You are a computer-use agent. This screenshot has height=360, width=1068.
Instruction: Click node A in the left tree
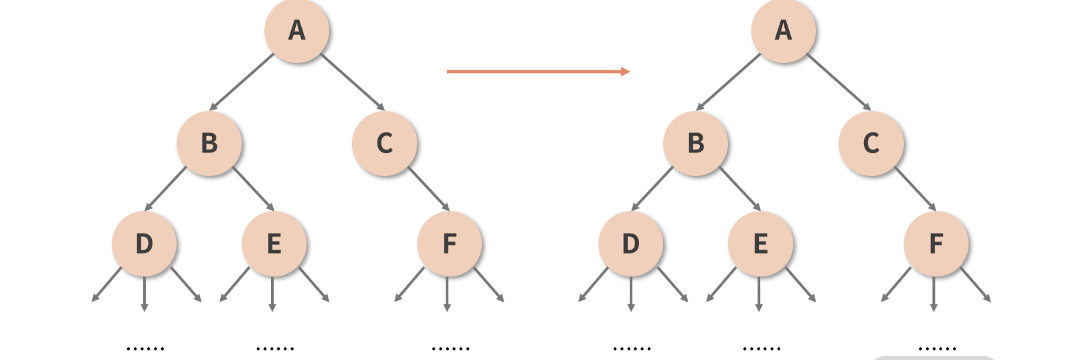pyautogui.click(x=296, y=31)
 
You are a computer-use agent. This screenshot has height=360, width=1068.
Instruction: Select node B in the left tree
pyautogui.click(x=209, y=143)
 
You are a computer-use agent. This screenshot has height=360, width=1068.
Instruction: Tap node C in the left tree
pyautogui.click(x=384, y=143)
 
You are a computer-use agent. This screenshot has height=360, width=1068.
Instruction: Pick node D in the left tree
pyautogui.click(x=144, y=244)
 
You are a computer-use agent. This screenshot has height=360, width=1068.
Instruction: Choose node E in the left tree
pyautogui.click(x=274, y=244)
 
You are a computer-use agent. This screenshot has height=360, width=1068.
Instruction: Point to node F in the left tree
pyautogui.click(x=449, y=244)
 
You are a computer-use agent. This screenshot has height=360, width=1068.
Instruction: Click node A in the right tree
pyautogui.click(x=783, y=31)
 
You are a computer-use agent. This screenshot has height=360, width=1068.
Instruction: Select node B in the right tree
pyautogui.click(x=695, y=143)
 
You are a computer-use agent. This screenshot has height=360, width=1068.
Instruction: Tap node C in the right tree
pyautogui.click(x=871, y=143)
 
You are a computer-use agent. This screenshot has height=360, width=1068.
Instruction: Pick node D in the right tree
pyautogui.click(x=630, y=244)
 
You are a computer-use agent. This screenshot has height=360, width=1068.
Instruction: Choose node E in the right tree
pyautogui.click(x=760, y=244)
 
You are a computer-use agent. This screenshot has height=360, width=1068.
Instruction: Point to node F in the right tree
pyautogui.click(x=936, y=244)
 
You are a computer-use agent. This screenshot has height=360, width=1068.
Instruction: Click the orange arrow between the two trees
pyautogui.click(x=538, y=71)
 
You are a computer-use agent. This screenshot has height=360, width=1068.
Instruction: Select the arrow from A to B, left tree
pyautogui.click(x=242, y=82)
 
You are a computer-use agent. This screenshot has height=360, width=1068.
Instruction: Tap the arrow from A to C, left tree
pyautogui.click(x=352, y=82)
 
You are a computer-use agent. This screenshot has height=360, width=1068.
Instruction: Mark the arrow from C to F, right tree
pyautogui.click(x=915, y=189)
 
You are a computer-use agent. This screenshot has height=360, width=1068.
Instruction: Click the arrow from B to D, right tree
pyautogui.click(x=652, y=189)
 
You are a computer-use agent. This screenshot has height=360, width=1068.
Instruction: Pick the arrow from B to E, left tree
pyautogui.click(x=253, y=189)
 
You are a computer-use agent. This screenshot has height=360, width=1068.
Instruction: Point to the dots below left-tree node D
pyautogui.click(x=145, y=348)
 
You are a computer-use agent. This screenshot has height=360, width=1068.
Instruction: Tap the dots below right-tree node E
pyautogui.click(x=762, y=348)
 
